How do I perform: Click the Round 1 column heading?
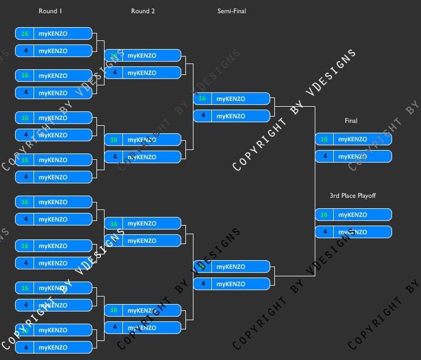50,11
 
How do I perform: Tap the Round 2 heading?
143,11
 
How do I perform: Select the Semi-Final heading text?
232,11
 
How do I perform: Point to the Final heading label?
351,121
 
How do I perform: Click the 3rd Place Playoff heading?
352,196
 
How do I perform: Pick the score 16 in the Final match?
324,139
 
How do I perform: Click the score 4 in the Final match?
324,156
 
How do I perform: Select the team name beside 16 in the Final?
352,139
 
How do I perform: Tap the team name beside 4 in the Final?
352,156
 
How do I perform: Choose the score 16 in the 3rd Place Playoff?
324,215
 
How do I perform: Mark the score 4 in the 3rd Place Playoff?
324,232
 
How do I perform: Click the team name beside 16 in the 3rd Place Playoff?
352,215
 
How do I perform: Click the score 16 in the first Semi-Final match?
202,99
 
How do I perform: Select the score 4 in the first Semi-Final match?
202,116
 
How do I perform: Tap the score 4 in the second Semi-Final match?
202,284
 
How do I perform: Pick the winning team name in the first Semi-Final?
230,99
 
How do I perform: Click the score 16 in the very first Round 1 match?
25,33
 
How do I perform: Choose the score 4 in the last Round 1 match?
25,347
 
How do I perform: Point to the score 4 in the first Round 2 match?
114,73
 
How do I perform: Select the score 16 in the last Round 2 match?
114,310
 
